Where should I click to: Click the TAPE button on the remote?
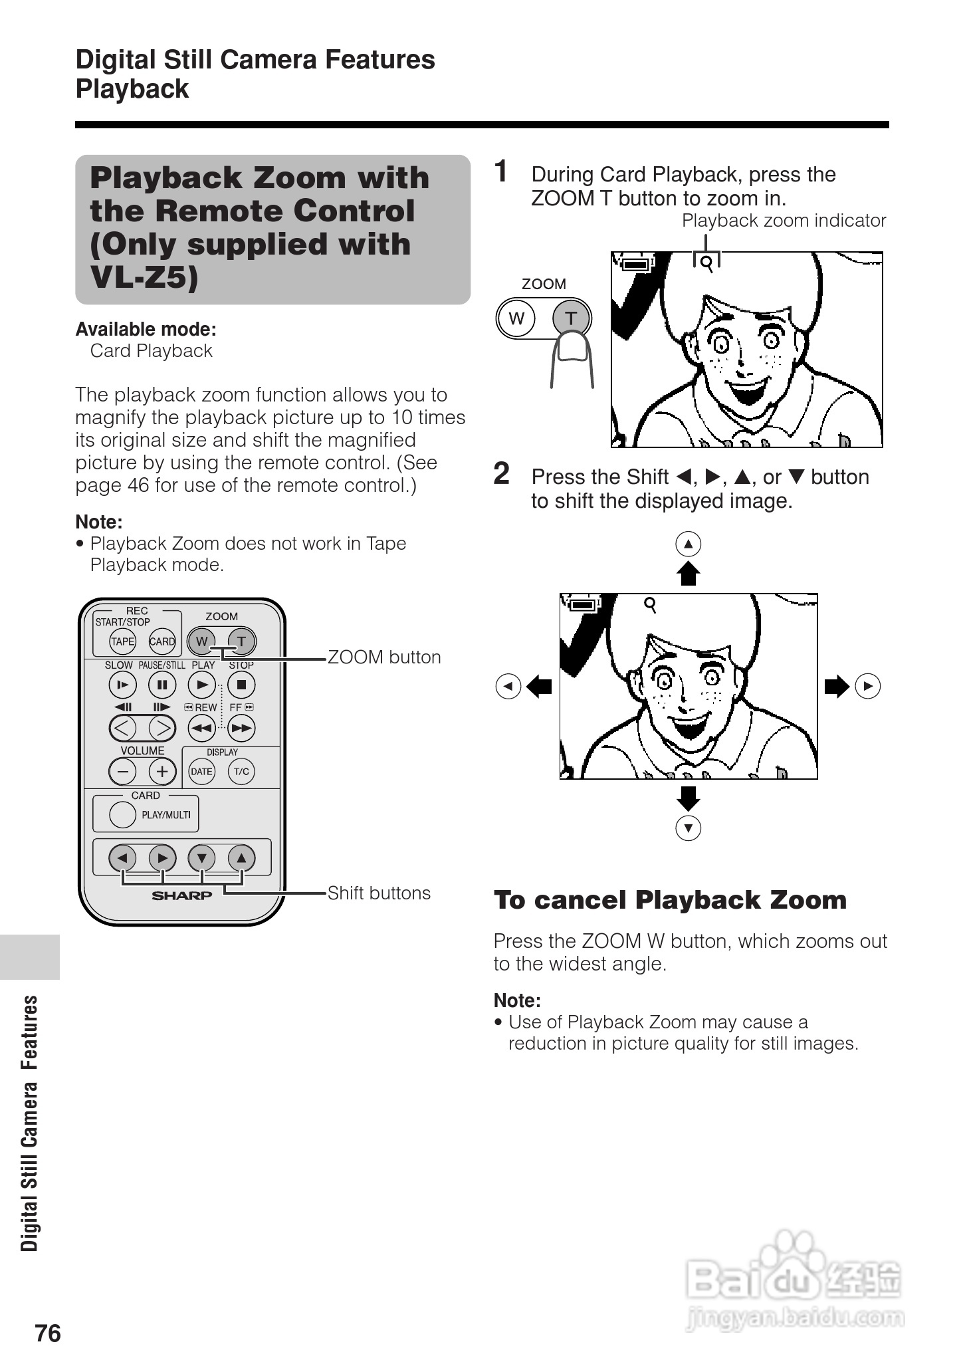tap(122, 641)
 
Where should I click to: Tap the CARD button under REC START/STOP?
tap(162, 641)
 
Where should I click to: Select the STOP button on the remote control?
tap(241, 685)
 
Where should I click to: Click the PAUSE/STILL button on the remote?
tap(162, 685)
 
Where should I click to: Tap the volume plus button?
tap(162, 772)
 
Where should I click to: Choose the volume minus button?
tap(122, 772)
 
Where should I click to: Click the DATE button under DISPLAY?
tap(201, 772)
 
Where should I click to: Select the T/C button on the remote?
tap(241, 772)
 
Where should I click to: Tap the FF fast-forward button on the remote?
tap(241, 729)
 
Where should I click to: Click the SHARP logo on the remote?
tap(182, 895)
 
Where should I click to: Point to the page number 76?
tap(48, 1333)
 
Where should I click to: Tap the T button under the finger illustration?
tap(571, 318)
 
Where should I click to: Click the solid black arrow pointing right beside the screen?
tap(837, 686)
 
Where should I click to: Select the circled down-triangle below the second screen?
tap(689, 828)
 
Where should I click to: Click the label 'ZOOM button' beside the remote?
tap(384, 657)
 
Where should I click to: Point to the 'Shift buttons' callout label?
tap(379, 893)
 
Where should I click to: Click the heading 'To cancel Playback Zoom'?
tap(670, 900)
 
